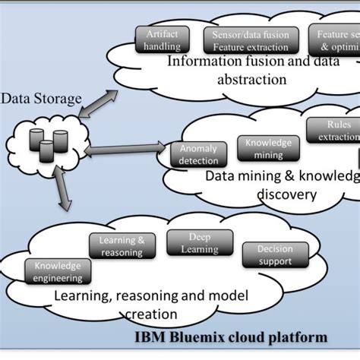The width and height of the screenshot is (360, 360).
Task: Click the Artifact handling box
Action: [x=162, y=39]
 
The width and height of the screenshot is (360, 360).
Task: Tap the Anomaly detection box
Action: [x=197, y=155]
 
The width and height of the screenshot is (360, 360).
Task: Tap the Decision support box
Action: [x=275, y=255]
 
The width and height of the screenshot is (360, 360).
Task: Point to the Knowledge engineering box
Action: [x=57, y=272]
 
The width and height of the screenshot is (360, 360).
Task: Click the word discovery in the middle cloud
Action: [x=285, y=194]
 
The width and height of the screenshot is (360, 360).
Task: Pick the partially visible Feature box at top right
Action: [x=335, y=39]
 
